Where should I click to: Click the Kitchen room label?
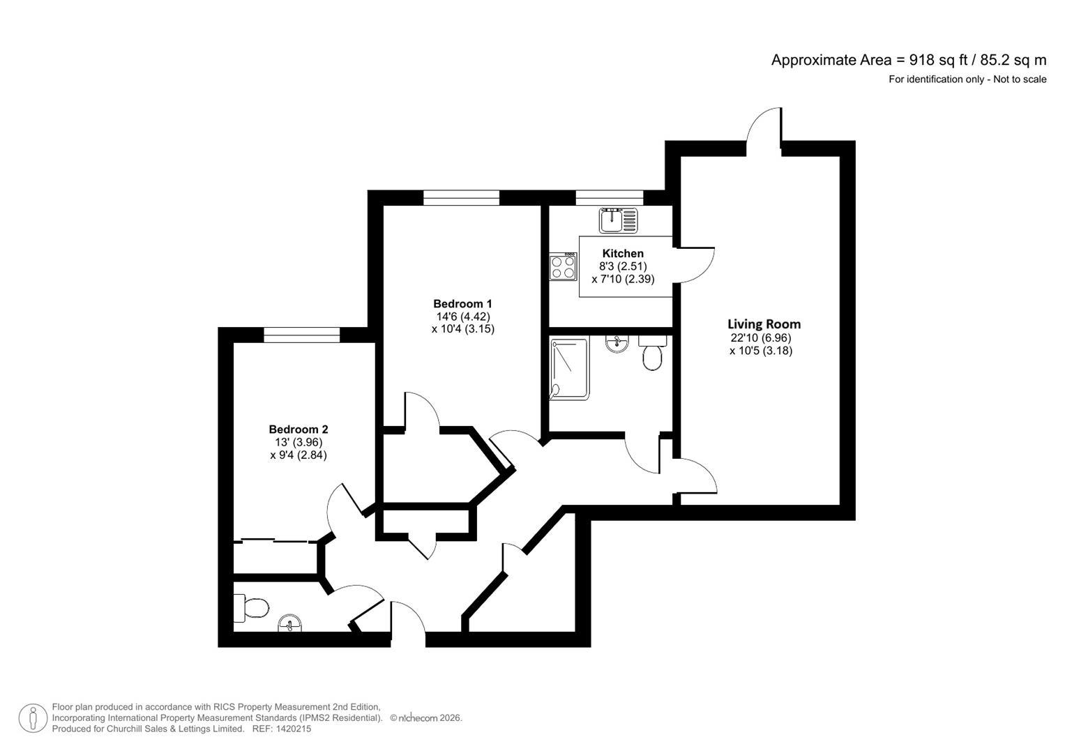click(x=623, y=253)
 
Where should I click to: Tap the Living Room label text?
click(x=764, y=324)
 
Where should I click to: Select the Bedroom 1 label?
click(x=462, y=304)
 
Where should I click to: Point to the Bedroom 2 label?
click(x=298, y=429)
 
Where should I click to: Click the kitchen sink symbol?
click(x=618, y=220)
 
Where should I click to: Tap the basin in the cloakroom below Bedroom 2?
click(x=290, y=623)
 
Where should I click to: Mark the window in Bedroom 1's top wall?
click(x=461, y=198)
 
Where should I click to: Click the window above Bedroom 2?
click(x=301, y=335)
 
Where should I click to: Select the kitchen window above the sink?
click(x=609, y=198)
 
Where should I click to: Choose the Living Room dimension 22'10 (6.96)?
click(x=760, y=337)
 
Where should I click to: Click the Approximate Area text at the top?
click(x=908, y=60)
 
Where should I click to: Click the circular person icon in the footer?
click(x=33, y=718)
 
